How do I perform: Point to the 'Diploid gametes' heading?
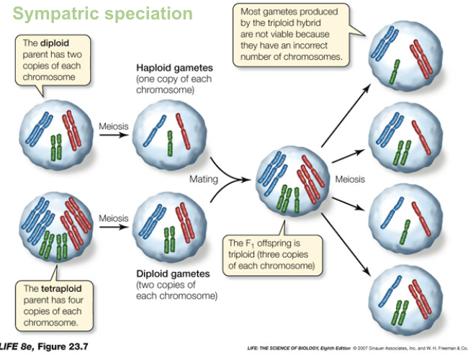pyautogui.click(x=174, y=274)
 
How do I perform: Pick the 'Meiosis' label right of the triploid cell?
pyautogui.click(x=350, y=179)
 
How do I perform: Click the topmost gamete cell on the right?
pyautogui.click(x=401, y=54)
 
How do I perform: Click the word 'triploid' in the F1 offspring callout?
pyautogui.click(x=246, y=254)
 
